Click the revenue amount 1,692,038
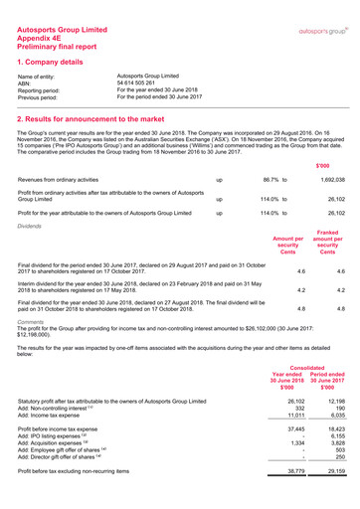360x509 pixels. click(329, 179)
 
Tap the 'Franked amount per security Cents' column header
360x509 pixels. click(327, 246)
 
